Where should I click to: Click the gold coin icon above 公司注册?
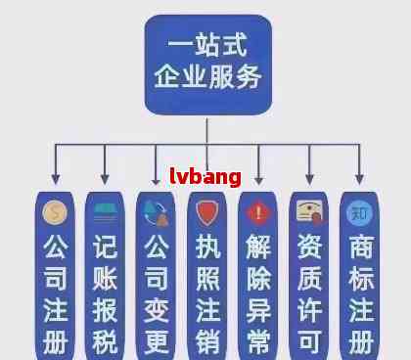55,211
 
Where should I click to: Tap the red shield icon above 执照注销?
207,212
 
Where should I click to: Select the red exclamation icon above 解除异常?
258,211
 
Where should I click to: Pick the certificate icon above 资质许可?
309,212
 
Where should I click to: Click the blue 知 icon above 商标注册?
360,211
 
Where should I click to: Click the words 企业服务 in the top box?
207,78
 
